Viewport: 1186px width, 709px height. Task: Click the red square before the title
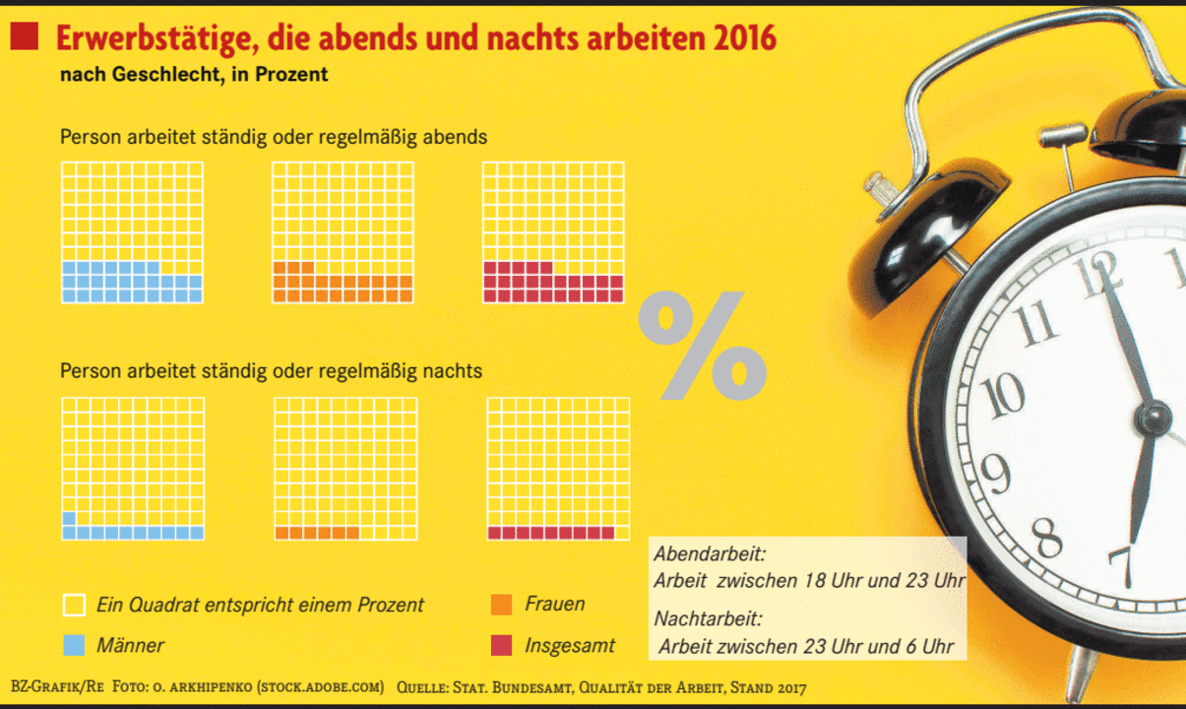24,37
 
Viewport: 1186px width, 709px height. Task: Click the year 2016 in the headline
744,38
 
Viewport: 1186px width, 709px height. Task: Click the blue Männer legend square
73,646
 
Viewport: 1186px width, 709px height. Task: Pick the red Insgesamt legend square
501,646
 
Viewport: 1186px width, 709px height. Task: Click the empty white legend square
73,605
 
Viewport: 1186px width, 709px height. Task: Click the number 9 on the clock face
995,473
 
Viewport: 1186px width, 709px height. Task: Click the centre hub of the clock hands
1153,418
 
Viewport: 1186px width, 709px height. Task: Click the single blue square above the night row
69,519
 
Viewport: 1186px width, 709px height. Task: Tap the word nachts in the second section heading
453,372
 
